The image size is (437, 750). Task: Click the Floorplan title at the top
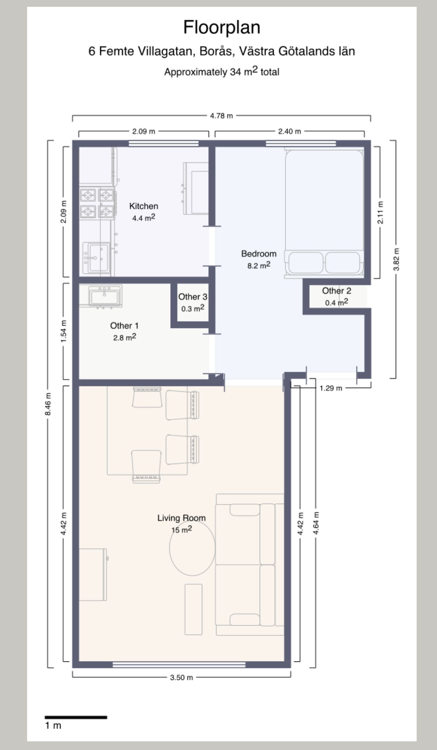[x=222, y=27]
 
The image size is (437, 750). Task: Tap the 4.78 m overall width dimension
[x=221, y=116]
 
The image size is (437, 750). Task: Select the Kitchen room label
[x=143, y=206]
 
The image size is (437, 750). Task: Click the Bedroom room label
[x=259, y=254]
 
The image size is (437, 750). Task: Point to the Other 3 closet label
[x=193, y=297]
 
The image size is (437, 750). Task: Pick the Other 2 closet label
[x=337, y=291]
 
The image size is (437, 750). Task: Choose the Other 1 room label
[x=124, y=325]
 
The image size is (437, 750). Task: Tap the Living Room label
[x=181, y=518]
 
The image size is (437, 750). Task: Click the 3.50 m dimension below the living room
[x=181, y=677]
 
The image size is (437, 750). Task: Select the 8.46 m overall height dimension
[x=48, y=404]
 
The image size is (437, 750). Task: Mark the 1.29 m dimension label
[x=331, y=388]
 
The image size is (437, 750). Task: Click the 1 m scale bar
[x=76, y=717]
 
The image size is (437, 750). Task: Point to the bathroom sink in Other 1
[x=105, y=296]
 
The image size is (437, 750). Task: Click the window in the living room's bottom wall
[x=179, y=664]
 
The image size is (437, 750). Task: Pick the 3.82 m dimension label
[x=396, y=259]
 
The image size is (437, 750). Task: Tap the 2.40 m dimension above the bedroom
[x=289, y=131]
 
